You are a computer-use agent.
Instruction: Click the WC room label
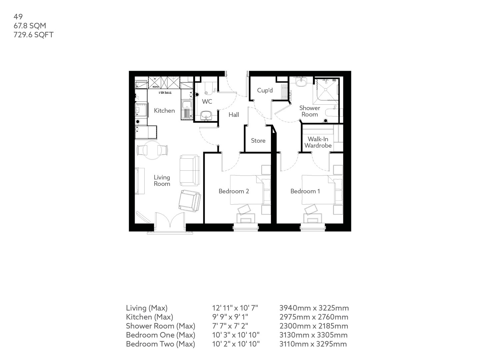207,102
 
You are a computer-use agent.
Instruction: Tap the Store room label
258,141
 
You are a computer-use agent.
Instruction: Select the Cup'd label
265,90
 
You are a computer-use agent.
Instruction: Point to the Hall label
234,115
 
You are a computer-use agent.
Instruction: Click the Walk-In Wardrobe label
318,142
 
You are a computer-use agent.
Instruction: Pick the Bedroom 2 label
234,191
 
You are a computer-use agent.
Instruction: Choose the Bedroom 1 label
305,191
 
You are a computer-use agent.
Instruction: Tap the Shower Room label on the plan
310,111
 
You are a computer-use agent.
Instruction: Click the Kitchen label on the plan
164,111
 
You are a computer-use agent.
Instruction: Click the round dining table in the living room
152,150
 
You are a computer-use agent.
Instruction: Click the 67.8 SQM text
30,26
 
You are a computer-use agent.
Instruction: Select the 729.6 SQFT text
33,35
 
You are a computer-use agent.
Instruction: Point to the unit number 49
18,16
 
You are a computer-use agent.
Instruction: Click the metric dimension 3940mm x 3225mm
314,308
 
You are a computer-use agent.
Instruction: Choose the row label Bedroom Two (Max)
160,344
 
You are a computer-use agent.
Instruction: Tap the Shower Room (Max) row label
160,326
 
